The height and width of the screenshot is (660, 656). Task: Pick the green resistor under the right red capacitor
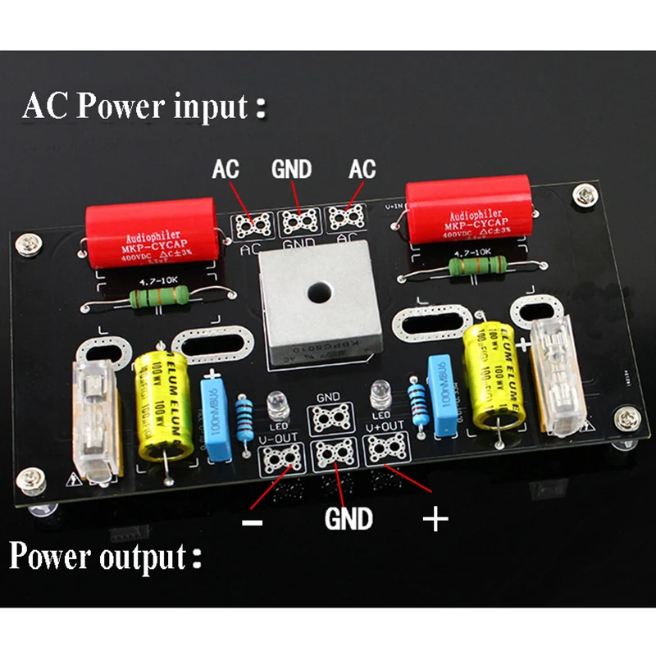[474, 266]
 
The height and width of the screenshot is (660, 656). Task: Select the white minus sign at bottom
[253, 522]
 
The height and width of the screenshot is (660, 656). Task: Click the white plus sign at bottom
[435, 518]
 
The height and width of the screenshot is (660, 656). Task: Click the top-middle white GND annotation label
[291, 170]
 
